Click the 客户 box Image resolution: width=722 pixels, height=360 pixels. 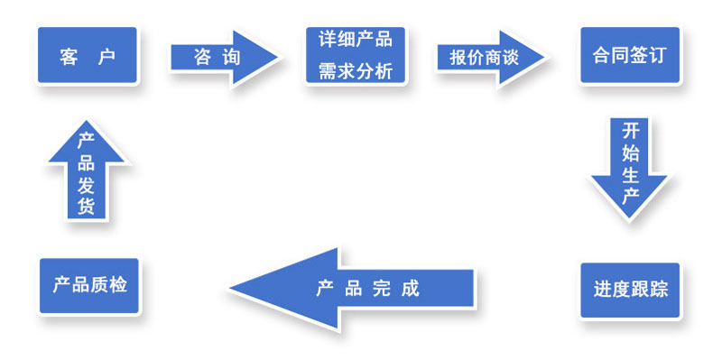coord(88,56)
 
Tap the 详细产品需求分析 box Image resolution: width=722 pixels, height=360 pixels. coord(356,56)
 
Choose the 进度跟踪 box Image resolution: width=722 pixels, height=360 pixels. coord(630,289)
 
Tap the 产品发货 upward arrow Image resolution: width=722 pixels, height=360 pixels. coord(87,171)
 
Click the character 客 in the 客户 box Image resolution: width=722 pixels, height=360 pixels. coord(69,57)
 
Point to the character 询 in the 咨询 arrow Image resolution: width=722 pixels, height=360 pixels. coord(231,57)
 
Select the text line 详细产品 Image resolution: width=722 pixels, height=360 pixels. coord(356,40)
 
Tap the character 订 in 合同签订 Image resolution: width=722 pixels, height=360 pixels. coord(657,56)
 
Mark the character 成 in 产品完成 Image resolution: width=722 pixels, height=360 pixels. coord(411,290)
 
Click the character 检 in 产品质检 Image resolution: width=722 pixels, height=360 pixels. coord(118,286)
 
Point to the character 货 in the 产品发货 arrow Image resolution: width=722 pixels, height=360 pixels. coord(87,207)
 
